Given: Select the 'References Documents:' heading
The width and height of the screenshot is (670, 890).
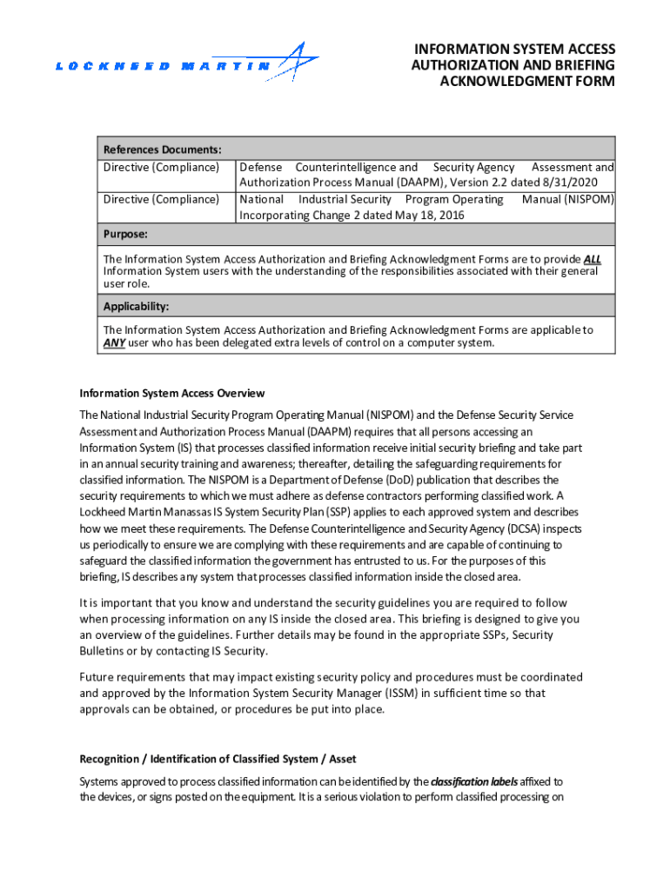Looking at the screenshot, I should [x=163, y=149].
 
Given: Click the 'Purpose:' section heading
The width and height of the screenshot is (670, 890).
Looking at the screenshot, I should [x=126, y=235].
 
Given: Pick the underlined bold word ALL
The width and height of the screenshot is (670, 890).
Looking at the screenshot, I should [x=592, y=259].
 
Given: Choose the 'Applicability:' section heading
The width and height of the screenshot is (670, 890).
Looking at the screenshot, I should [x=137, y=307].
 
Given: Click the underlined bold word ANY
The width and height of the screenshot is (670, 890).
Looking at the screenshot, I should [x=114, y=342].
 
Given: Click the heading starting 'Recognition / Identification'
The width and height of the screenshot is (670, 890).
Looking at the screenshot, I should [x=218, y=759].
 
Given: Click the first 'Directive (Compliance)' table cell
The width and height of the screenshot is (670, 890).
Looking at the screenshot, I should [x=161, y=167].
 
